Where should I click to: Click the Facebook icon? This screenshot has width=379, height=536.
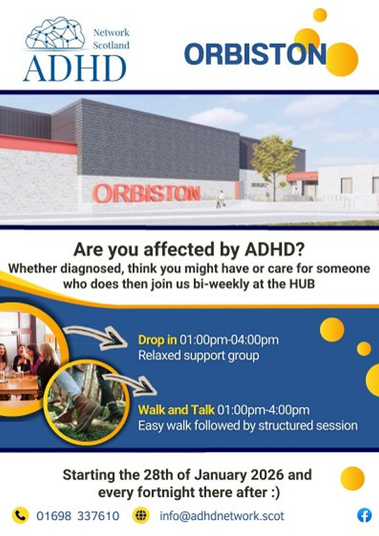364,516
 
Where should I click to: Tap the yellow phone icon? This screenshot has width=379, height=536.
20,516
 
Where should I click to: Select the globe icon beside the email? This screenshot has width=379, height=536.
141,516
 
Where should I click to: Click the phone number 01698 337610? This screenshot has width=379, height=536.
78,516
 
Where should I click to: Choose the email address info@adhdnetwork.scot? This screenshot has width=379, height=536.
222,516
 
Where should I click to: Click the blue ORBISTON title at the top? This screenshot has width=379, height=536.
255,54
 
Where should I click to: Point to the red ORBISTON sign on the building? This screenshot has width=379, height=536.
147,193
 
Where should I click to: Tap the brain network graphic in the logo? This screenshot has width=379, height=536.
55,33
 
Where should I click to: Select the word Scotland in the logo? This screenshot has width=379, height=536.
111,45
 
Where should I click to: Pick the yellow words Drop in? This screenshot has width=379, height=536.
158,340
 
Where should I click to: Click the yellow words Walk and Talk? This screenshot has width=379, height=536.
176,410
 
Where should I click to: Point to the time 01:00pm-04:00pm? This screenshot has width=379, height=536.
229,340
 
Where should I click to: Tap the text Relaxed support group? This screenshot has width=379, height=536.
199,355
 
